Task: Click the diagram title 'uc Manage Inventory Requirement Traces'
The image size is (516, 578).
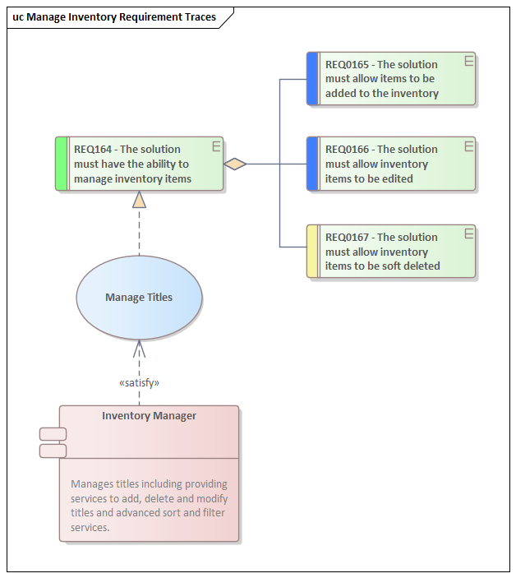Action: pos(114,17)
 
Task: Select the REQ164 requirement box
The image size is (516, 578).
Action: pos(140,164)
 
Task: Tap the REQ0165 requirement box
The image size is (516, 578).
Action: pos(391,79)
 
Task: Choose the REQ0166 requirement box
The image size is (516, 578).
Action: pos(391,164)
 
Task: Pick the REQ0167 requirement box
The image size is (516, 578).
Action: pos(391,252)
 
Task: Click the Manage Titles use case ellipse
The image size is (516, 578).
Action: pos(139,298)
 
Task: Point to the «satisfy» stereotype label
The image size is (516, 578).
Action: pos(139,382)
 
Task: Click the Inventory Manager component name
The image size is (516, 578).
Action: pos(149,416)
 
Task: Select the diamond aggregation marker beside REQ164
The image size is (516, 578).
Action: pos(235,164)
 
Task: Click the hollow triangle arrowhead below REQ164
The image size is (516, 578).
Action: pos(139,199)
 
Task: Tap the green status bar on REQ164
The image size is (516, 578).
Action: pos(61,164)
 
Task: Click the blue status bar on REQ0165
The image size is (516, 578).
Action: pos(312,79)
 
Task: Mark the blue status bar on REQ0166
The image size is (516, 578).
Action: pos(312,164)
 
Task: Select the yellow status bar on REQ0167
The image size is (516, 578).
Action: pos(312,252)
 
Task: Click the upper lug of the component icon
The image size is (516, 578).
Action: pos(53,434)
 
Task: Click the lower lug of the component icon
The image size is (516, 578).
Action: pos(53,451)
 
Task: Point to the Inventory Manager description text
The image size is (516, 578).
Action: pos(149,506)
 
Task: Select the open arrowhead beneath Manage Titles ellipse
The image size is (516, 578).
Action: pos(139,347)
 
